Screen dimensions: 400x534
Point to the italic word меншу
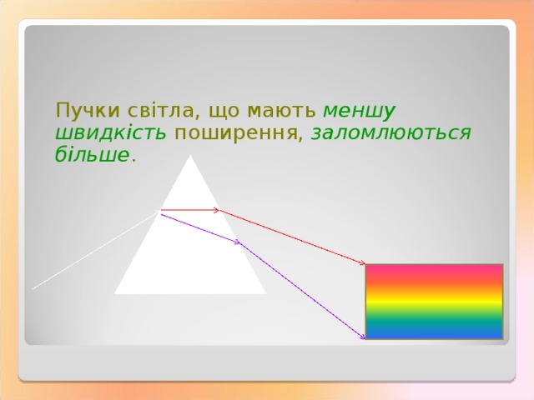pyautogui.click(x=359, y=111)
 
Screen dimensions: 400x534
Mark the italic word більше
pyautogui.click(x=92, y=155)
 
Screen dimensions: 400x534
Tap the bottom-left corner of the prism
pyautogui.click(x=116, y=292)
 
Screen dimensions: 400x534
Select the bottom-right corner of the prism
pyautogui.click(x=264, y=292)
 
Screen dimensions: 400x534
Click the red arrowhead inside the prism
pyautogui.click(x=216, y=210)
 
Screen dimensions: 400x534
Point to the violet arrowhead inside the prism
pyautogui.click(x=237, y=242)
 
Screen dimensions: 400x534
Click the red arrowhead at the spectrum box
pyautogui.click(x=362, y=263)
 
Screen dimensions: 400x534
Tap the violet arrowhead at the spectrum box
pyautogui.click(x=362, y=337)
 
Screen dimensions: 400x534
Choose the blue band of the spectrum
pyautogui.click(x=434, y=332)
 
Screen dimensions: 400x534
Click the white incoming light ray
pyautogui.click(x=92, y=250)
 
